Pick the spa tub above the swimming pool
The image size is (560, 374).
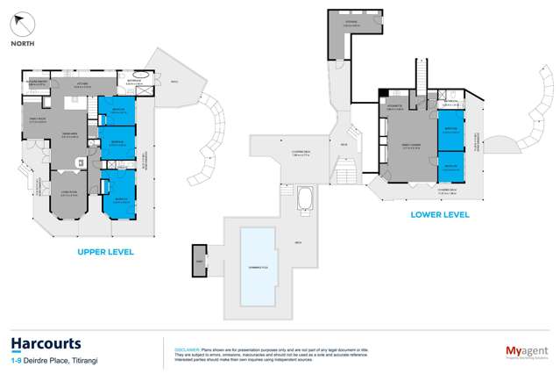tap(306, 200)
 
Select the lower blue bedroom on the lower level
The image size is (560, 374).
tap(451, 165)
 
